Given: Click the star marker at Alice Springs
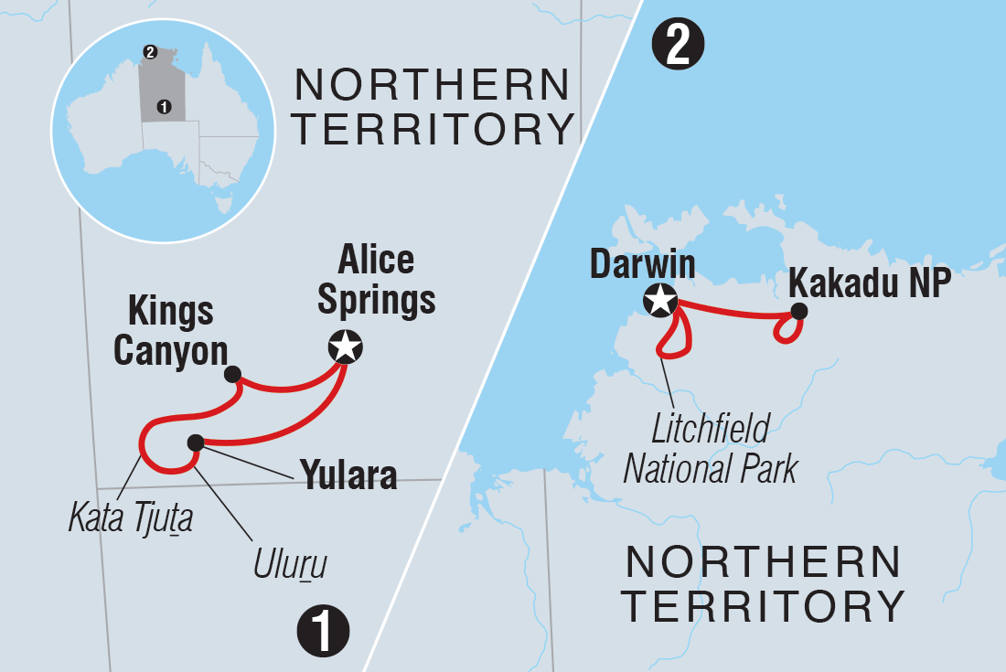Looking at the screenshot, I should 345,347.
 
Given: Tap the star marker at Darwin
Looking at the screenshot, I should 660,300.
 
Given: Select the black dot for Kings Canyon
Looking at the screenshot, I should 232,373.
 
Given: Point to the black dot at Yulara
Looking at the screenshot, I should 195,443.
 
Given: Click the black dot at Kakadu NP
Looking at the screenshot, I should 799,312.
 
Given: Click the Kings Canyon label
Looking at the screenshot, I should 170,330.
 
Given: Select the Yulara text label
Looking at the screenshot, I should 347,475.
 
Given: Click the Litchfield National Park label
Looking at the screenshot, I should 711,448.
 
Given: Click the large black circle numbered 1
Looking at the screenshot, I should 323,632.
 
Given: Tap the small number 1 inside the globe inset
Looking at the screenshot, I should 164,106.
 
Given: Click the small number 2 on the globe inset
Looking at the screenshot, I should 150,51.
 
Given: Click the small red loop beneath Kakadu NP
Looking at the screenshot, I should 786,331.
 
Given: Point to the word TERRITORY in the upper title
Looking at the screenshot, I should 432,129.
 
